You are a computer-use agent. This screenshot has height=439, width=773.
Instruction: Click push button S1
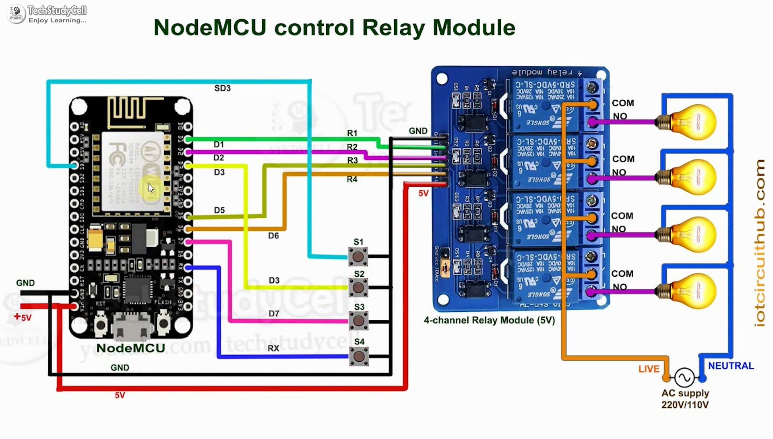(x=358, y=257)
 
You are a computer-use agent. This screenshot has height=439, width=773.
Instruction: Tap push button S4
(x=358, y=356)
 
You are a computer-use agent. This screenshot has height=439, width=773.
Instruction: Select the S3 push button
(x=358, y=321)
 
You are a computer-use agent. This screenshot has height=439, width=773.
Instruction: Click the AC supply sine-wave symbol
(x=684, y=378)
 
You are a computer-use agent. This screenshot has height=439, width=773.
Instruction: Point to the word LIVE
(x=649, y=369)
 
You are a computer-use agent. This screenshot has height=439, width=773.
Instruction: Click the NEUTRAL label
(x=731, y=366)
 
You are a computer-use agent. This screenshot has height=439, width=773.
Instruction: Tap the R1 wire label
(x=352, y=133)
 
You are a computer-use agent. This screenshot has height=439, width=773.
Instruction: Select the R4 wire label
(x=352, y=179)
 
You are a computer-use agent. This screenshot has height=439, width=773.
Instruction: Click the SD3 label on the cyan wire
(x=222, y=88)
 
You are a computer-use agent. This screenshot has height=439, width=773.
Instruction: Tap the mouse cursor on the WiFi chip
(x=151, y=188)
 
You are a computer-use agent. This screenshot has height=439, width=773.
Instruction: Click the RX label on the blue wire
(x=273, y=348)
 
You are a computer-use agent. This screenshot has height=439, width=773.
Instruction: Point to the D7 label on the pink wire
(x=274, y=313)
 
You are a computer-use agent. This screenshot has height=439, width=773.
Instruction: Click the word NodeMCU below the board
(x=131, y=348)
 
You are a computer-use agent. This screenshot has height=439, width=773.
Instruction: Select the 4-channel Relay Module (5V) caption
(x=489, y=321)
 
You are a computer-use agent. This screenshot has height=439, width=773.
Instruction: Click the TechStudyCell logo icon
(x=17, y=14)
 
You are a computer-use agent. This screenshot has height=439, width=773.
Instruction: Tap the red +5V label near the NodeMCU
(x=23, y=317)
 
